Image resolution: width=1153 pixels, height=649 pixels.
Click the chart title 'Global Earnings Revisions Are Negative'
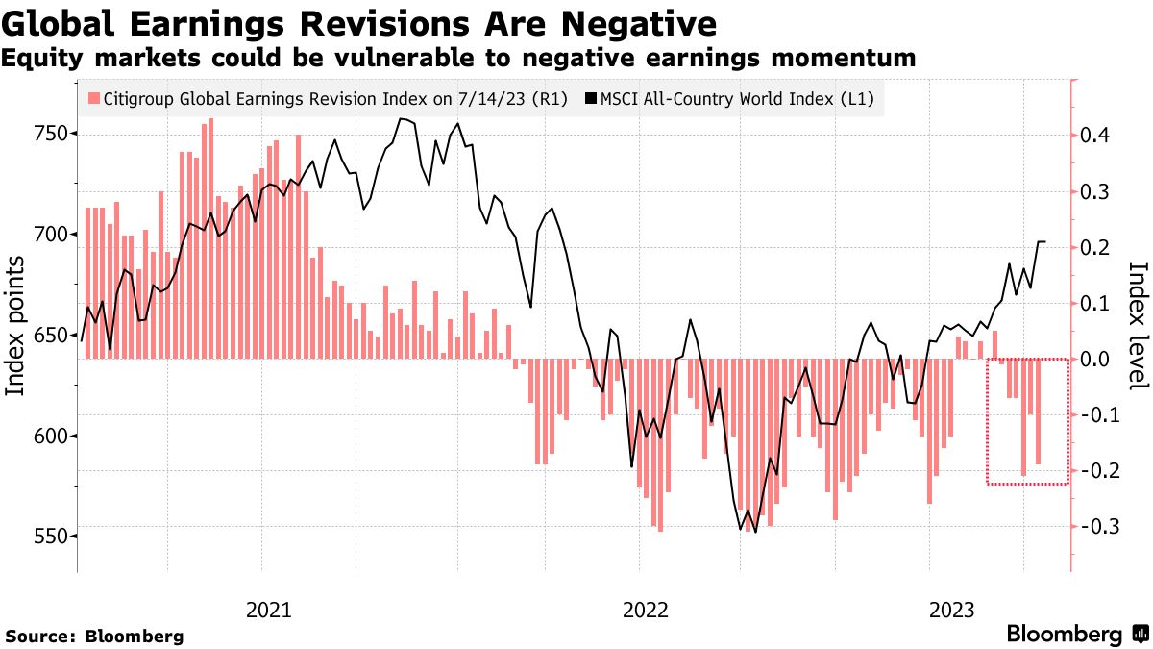pyautogui.click(x=360, y=21)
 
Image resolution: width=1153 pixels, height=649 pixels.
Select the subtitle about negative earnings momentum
pyautogui.click(x=457, y=59)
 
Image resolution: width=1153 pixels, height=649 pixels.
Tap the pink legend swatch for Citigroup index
pyautogui.click(x=93, y=98)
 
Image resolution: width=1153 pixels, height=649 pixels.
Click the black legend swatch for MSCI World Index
pyautogui.click(x=592, y=98)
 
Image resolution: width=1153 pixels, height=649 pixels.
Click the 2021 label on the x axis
pyautogui.click(x=270, y=609)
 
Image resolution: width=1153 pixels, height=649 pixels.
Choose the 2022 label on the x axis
pyautogui.click(x=646, y=609)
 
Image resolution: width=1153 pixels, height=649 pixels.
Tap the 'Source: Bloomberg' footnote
pyautogui.click(x=94, y=637)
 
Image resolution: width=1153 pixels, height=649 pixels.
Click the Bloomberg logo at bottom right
pyautogui.click(x=1076, y=635)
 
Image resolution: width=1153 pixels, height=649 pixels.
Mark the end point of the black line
pyautogui.click(x=1045, y=242)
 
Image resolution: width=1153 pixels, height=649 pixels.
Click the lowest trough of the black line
pyautogui.click(x=755, y=533)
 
